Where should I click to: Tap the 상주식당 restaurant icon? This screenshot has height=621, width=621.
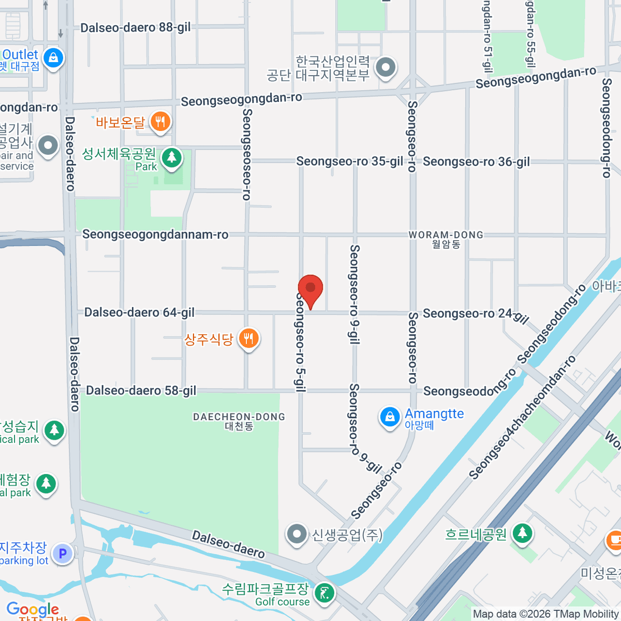coord(249,339)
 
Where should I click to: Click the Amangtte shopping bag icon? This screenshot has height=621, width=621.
coord(390,417)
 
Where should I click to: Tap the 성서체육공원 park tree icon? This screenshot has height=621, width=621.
coord(171,157)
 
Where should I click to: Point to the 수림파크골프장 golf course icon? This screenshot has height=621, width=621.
coord(324,593)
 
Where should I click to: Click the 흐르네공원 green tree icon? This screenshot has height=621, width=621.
coord(522,533)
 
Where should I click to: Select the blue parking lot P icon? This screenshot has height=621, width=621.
coord(63,554)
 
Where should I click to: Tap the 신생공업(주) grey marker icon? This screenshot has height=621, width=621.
coord(297,534)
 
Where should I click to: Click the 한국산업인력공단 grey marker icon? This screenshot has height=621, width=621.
coord(386,67)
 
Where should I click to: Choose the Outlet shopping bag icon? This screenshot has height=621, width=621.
coord(53,58)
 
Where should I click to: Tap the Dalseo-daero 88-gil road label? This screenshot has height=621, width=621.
coord(136,27)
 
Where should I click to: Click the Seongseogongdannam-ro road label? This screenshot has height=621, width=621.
coord(155,234)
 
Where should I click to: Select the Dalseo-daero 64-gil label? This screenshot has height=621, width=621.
coord(139,313)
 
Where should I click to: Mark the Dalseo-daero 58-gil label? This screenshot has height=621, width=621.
coord(141,391)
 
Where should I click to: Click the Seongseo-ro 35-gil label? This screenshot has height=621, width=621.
coord(349,161)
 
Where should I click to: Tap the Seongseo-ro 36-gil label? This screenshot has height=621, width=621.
coord(476,162)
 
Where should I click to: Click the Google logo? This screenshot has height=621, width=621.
coord(33,609)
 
